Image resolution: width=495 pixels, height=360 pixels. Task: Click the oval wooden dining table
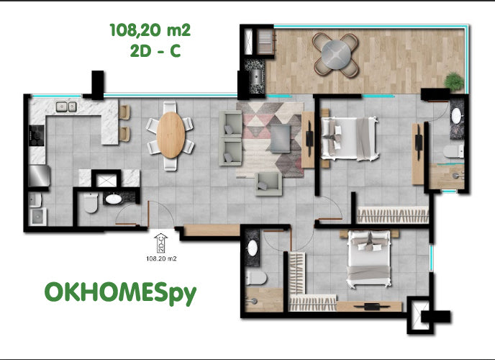171,135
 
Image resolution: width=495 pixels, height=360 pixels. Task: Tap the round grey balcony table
336,54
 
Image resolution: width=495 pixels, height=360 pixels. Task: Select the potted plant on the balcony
454,81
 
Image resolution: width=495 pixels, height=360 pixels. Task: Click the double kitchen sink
66,107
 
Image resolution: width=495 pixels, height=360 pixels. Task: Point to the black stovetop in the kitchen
37,135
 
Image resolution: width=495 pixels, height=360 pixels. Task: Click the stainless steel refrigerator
39,176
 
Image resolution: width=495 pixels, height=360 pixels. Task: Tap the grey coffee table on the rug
281,139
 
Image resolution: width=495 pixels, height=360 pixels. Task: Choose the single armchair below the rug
268,184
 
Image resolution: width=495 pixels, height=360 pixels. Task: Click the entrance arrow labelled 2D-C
161,243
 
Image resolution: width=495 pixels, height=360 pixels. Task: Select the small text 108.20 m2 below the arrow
161,258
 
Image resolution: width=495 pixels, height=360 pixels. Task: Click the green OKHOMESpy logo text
120,293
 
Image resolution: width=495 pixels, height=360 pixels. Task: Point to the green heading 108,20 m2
150,30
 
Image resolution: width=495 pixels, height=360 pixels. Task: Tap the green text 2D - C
155,50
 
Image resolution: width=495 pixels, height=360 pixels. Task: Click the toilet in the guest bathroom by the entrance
91,203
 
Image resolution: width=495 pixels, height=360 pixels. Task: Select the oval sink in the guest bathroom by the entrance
113,199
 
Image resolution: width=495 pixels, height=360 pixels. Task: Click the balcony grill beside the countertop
265,41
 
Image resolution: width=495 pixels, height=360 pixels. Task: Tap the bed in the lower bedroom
368,258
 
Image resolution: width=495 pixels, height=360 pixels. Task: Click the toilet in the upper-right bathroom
453,151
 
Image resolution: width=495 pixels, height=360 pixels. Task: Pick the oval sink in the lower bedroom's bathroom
253,248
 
